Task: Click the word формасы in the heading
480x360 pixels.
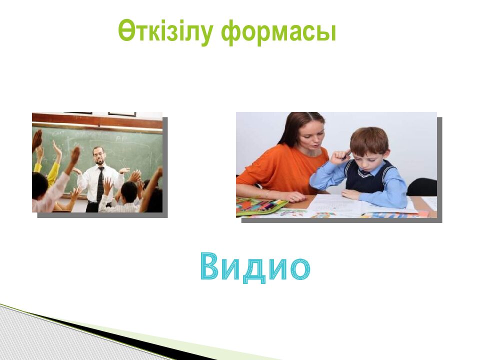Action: pyautogui.click(x=278, y=32)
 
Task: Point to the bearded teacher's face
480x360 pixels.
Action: pyautogui.click(x=98, y=156)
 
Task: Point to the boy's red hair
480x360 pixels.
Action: pyautogui.click(x=369, y=139)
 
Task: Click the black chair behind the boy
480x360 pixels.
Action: pyautogui.click(x=422, y=186)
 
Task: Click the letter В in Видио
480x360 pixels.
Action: pyautogui.click(x=211, y=265)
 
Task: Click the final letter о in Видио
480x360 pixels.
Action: pyautogui.click(x=300, y=269)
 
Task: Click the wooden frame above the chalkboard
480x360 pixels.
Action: pyautogui.click(x=97, y=120)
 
